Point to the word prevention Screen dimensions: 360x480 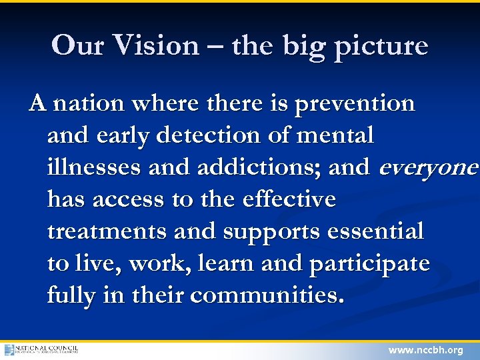pos(355,105)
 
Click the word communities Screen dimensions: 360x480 pos(267,295)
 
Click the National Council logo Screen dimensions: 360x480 pos(41,349)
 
